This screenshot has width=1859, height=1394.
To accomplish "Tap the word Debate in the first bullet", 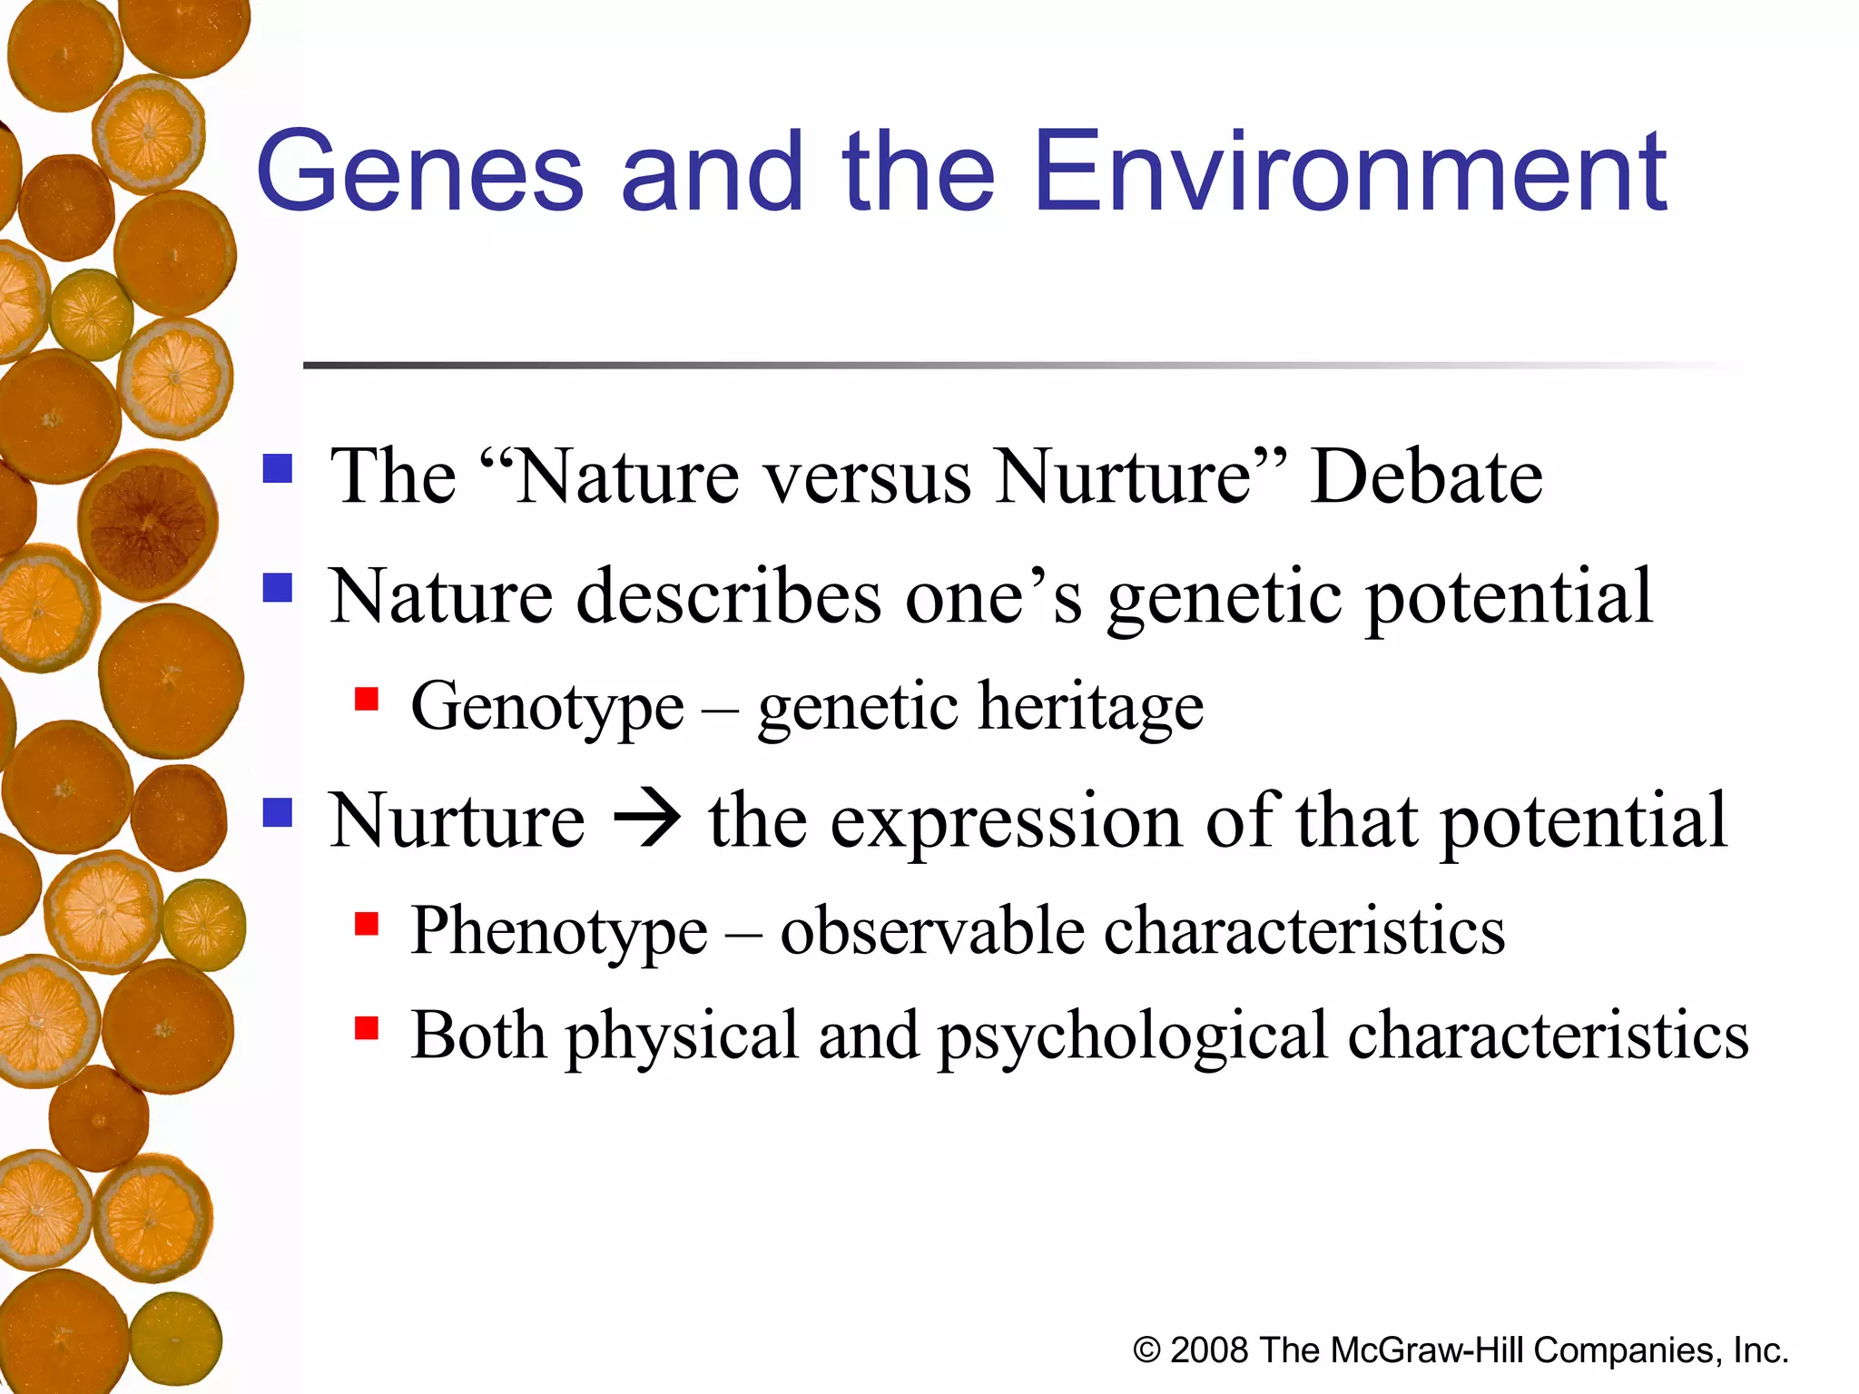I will pyautogui.click(x=1426, y=477).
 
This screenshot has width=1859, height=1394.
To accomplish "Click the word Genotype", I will pyautogui.click(x=547, y=708).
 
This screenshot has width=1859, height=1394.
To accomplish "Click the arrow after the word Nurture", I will pyautogui.click(x=646, y=820).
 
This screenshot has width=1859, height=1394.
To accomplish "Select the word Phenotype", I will pyautogui.click(x=558, y=932).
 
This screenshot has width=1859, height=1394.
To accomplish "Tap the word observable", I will pyautogui.click(x=932, y=932).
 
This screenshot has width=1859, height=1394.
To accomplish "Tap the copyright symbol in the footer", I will pyautogui.click(x=1146, y=1351).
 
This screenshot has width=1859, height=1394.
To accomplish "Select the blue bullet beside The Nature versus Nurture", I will pyautogui.click(x=278, y=468).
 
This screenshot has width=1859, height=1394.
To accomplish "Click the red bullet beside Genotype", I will pyautogui.click(x=367, y=700).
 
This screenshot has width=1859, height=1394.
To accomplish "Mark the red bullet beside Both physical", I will pyautogui.click(x=367, y=1028).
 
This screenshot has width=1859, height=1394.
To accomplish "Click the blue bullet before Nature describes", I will pyautogui.click(x=278, y=588).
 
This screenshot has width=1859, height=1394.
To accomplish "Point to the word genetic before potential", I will pyautogui.click(x=1224, y=599).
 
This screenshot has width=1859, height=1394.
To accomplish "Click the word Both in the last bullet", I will pyautogui.click(x=477, y=1036).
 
